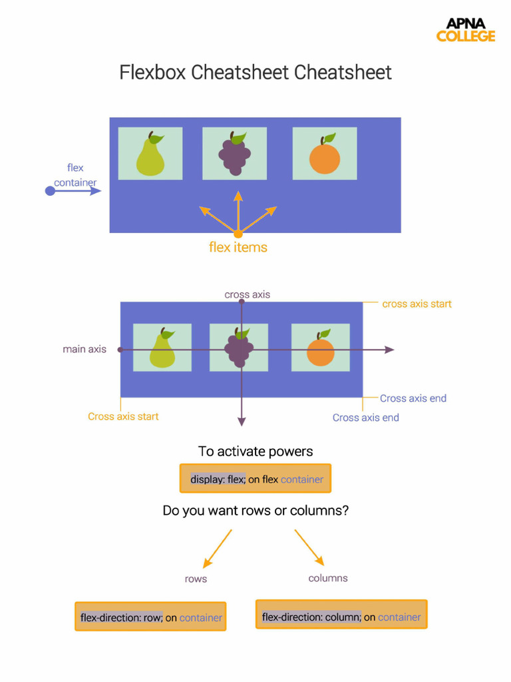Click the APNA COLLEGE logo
[466, 30]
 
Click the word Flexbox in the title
[153, 73]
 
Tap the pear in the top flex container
[150, 155]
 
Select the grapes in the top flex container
[234, 155]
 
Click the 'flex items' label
[238, 248]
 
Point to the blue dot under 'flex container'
[50, 191]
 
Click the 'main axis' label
[85, 349]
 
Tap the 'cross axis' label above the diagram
[248, 294]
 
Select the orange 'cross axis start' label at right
[417, 304]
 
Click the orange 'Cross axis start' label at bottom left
[123, 417]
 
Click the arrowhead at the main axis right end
[390, 350]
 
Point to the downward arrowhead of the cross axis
[242, 421]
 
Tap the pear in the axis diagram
[162, 349]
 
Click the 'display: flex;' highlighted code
[218, 479]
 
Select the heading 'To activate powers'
[255, 452]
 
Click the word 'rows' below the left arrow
[196, 579]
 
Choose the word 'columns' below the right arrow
[328, 578]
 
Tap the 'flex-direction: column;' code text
[311, 617]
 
